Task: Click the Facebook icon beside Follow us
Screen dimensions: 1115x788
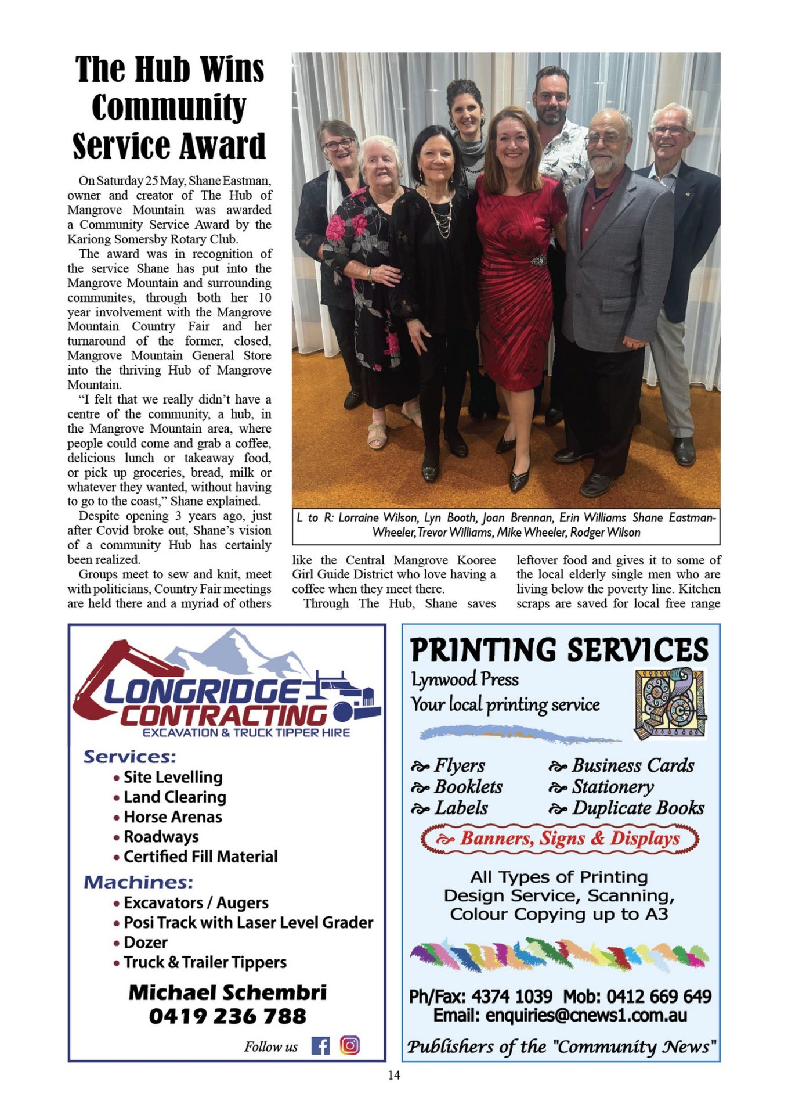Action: pyautogui.click(x=320, y=1046)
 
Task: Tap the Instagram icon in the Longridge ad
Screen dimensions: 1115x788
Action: pyautogui.click(x=350, y=1045)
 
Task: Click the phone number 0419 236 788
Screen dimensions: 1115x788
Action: pyautogui.click(x=227, y=1016)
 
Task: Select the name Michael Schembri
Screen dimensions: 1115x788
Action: pyautogui.click(x=227, y=992)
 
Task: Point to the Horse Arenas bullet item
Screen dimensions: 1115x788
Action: pyautogui.click(x=172, y=817)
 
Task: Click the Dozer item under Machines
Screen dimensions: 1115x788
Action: pyautogui.click(x=145, y=942)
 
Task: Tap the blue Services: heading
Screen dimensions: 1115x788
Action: pyautogui.click(x=129, y=757)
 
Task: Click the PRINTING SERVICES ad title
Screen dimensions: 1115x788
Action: pyautogui.click(x=559, y=650)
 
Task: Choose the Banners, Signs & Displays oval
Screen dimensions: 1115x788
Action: pyautogui.click(x=560, y=839)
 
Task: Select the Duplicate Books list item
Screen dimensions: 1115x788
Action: pyautogui.click(x=638, y=808)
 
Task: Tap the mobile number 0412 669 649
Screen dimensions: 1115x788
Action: pyautogui.click(x=659, y=997)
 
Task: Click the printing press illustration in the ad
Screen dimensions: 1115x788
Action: pyautogui.click(x=670, y=703)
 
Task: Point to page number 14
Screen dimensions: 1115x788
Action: pyautogui.click(x=394, y=1075)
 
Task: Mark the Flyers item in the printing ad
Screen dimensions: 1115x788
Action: pyautogui.click(x=458, y=765)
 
